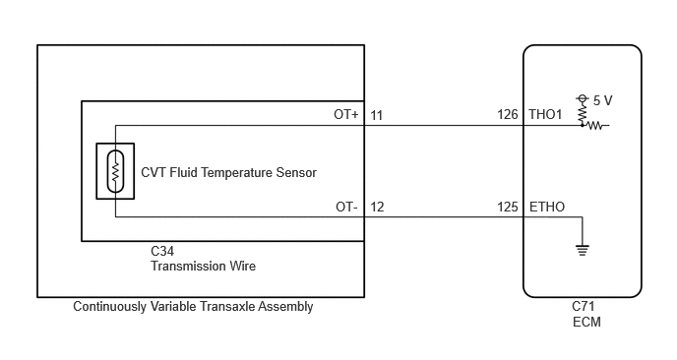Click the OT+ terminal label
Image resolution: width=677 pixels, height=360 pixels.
point(345,114)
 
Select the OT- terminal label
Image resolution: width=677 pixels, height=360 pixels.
point(346,207)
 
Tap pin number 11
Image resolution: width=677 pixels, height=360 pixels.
point(377,115)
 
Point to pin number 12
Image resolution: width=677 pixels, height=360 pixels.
point(377,207)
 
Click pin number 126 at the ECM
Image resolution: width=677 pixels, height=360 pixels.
point(508,114)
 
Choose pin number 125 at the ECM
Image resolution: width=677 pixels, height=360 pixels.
point(508,207)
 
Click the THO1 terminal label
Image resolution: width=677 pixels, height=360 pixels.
point(545,114)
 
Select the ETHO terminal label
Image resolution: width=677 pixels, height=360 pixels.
point(546,207)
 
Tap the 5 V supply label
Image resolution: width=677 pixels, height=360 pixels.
point(603,100)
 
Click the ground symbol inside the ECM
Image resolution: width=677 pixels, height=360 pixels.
point(583,250)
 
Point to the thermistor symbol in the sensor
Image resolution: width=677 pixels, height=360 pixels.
point(115,171)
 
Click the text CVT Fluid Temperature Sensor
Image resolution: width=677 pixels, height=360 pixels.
point(229,173)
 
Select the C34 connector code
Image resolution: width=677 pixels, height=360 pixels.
point(162,251)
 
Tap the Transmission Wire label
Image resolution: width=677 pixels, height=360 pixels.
point(203,266)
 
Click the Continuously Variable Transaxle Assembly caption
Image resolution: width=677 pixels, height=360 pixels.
point(193,307)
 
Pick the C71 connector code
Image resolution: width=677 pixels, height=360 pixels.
point(584,306)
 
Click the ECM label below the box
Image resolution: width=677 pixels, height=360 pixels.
point(586,322)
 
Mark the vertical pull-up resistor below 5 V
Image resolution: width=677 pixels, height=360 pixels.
point(582,114)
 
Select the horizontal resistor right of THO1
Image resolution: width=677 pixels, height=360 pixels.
point(596,126)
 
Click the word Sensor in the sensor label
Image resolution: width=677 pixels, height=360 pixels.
point(296,173)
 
